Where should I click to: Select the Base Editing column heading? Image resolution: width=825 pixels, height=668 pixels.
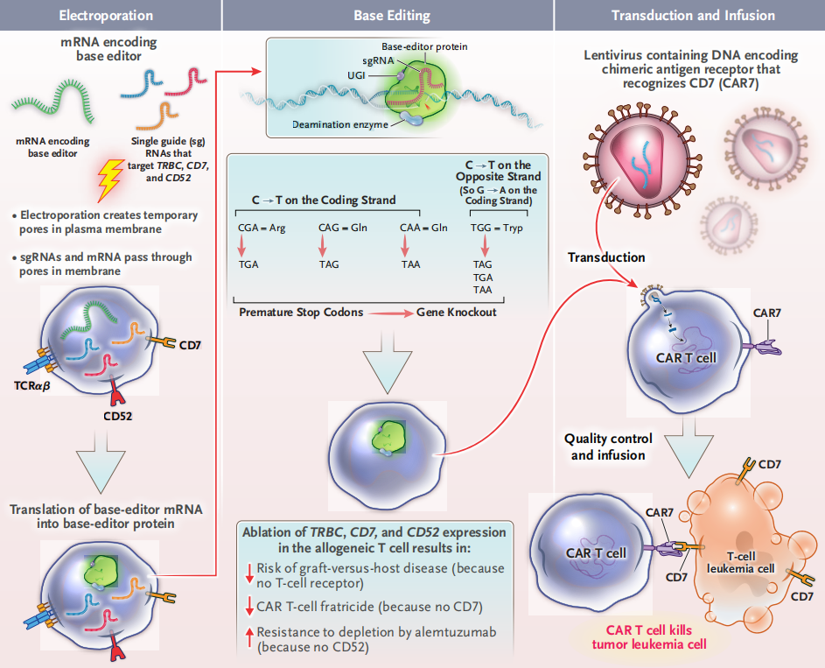(x=391, y=16)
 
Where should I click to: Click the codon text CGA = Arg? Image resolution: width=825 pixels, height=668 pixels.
(x=260, y=228)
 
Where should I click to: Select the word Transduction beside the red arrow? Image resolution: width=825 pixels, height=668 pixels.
(x=606, y=257)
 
